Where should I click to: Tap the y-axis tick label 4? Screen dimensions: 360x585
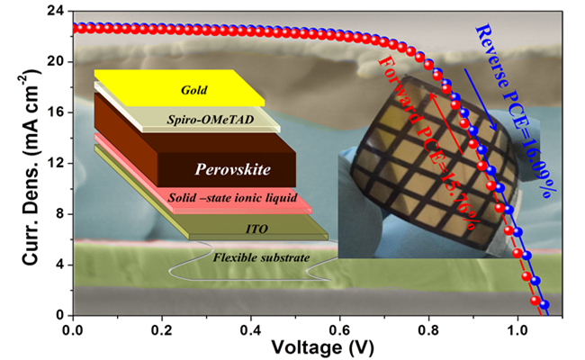(58, 265)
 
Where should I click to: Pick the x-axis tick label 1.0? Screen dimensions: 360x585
(518, 330)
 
